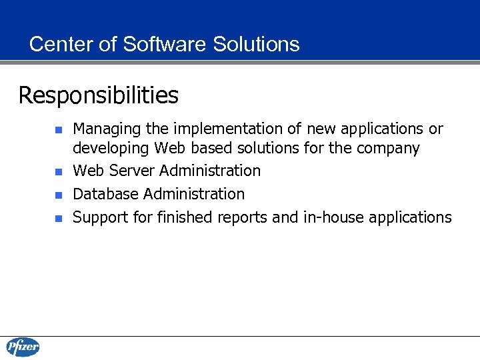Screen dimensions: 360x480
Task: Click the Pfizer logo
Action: [x=23, y=347]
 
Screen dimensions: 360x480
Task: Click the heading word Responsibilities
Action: [x=99, y=96]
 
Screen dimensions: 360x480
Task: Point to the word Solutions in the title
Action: [x=256, y=44]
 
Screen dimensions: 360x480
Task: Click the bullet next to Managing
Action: [x=58, y=129]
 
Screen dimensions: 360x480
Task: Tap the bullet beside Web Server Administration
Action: [x=58, y=172]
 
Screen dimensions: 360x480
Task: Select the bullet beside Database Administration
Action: [x=58, y=195]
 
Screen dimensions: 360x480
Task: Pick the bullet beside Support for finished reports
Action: [x=58, y=218]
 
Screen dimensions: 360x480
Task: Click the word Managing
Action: [x=103, y=129]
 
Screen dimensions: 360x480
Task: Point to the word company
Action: [x=388, y=148]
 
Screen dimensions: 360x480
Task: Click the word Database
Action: [x=106, y=194]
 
